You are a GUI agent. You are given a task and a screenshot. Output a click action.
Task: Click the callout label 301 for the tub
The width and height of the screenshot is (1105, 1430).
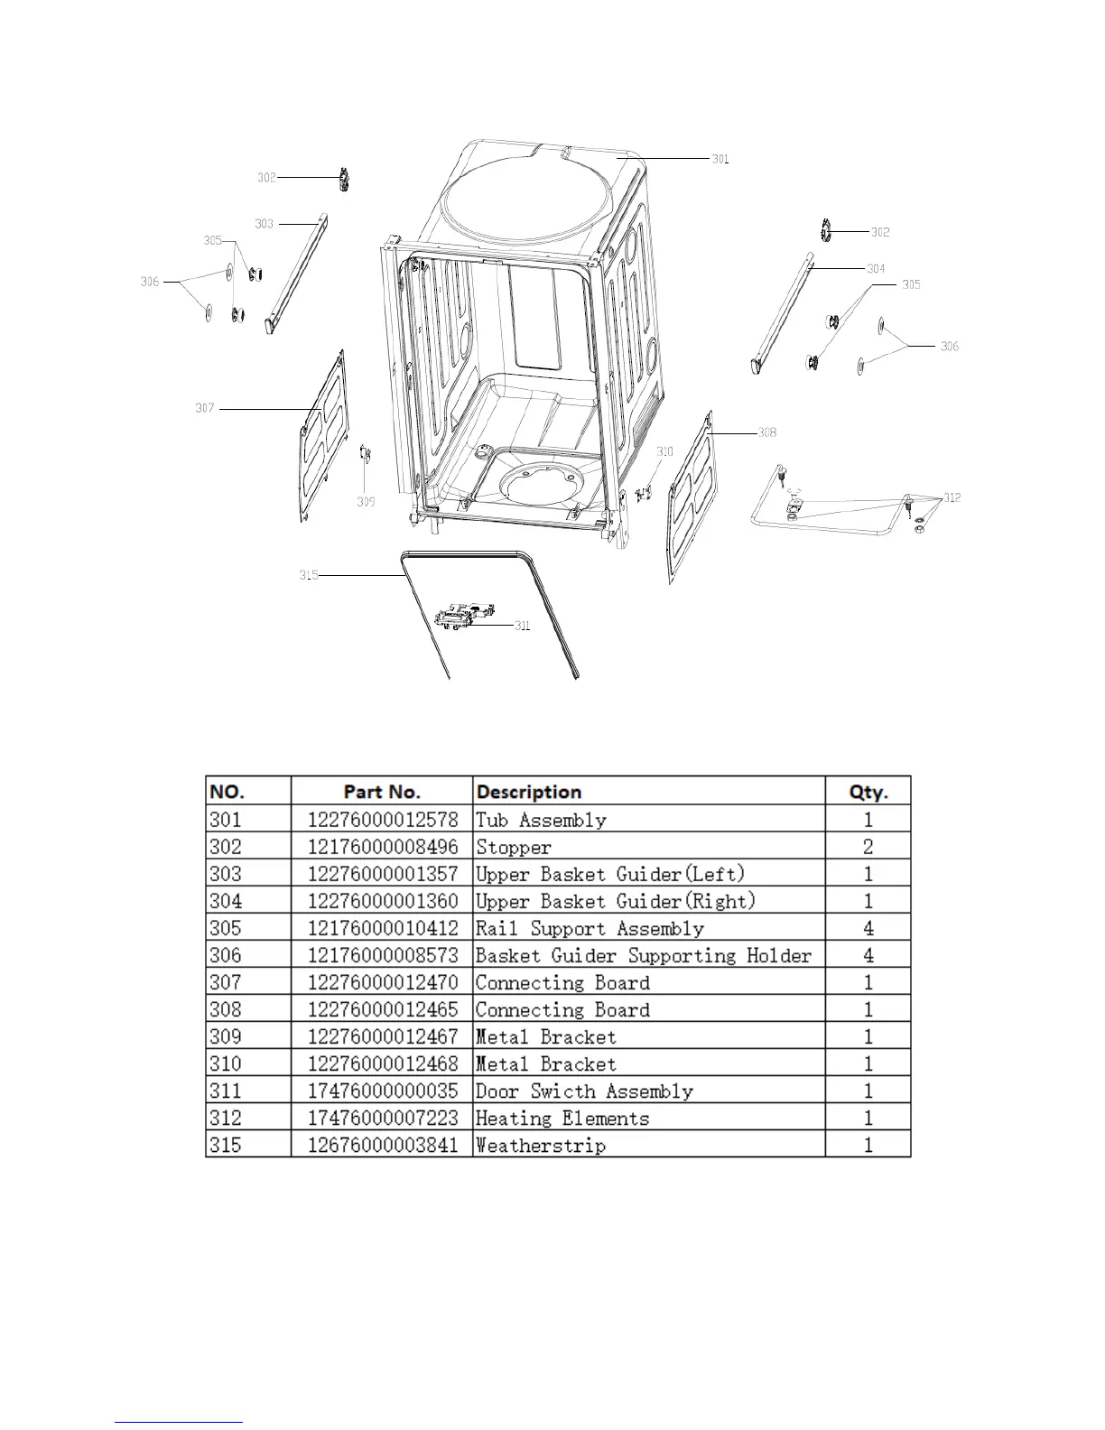[x=720, y=159]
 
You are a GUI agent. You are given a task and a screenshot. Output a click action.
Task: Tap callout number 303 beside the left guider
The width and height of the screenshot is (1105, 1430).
[x=264, y=224]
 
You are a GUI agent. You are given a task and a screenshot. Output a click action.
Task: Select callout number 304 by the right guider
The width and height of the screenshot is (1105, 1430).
[x=876, y=268]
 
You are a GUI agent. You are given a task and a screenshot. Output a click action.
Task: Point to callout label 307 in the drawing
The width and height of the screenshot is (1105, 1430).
[x=205, y=408]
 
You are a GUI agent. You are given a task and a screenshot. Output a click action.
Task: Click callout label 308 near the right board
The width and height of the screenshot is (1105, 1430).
[x=766, y=432]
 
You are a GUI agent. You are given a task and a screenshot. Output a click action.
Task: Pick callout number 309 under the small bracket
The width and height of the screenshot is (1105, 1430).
[x=365, y=502]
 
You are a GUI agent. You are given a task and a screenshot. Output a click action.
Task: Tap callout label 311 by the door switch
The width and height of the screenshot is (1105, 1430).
[x=522, y=626]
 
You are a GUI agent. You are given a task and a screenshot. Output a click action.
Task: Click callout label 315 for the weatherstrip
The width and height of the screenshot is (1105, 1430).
[x=309, y=575]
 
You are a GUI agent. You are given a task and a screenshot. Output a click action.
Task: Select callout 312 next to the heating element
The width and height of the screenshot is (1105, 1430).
[x=952, y=497]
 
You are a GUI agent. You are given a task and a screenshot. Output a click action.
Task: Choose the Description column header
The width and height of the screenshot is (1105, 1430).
[x=529, y=792]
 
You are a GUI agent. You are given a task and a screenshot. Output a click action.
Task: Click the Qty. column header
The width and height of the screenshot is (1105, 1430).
[x=868, y=792]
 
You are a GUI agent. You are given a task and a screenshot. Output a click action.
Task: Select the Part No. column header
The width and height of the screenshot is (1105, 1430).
[x=382, y=792]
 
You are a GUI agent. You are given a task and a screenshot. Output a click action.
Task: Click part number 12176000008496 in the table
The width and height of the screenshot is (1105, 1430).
[x=383, y=847]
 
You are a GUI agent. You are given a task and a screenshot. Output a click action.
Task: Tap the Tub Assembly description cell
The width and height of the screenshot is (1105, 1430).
[x=541, y=820]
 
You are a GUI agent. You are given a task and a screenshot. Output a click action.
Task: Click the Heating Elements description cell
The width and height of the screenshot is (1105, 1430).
[x=562, y=1118]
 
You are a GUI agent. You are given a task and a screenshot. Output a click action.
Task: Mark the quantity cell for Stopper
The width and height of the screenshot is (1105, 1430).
[x=868, y=847]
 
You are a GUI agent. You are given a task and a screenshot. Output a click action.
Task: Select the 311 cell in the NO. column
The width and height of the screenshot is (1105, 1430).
[x=226, y=1091]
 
